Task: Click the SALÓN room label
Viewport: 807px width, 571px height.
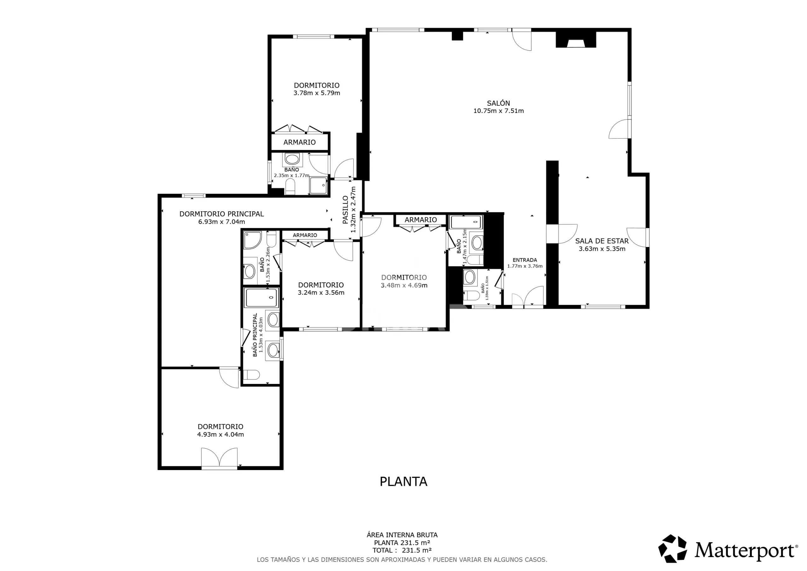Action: [x=498, y=103]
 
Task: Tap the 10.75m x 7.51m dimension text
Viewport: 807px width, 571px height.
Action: [x=498, y=111]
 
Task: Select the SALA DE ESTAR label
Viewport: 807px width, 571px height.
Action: [x=602, y=241]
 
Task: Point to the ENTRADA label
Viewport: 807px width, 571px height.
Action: [x=525, y=260]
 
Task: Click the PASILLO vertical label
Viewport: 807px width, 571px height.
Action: [x=345, y=210]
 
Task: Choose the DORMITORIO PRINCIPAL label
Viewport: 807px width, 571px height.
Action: [x=221, y=214]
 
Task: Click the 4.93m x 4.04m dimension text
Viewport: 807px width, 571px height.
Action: [x=220, y=434]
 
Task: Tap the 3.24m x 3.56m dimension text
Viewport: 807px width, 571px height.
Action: [x=321, y=293]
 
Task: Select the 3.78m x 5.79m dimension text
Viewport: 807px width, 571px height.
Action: [x=317, y=93]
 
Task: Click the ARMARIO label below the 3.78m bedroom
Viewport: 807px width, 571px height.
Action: [x=299, y=142]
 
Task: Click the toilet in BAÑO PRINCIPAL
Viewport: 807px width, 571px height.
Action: [x=251, y=375]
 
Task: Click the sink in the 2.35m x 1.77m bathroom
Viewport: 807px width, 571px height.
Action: [x=292, y=159]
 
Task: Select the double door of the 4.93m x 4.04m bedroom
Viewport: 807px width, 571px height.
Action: [x=219, y=457]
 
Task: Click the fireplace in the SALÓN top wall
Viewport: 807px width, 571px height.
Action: [x=576, y=39]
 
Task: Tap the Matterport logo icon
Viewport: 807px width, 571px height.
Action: [x=672, y=549]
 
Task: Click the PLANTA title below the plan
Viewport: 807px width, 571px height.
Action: [x=403, y=482]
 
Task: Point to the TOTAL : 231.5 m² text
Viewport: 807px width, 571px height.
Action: [x=402, y=550]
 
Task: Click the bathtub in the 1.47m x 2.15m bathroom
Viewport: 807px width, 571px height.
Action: [x=466, y=222]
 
